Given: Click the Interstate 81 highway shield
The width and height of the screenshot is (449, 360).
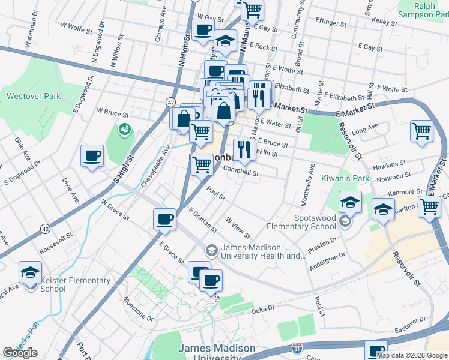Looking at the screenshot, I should tap(296, 347).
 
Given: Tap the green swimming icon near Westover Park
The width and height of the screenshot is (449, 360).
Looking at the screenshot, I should tap(125, 129).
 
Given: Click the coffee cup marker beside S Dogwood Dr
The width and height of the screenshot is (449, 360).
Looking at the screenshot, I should tap(92, 156).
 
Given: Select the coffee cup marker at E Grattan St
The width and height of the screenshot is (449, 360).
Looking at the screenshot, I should tap(164, 220).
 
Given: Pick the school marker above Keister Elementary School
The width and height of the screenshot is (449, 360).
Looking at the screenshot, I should tap(29, 272).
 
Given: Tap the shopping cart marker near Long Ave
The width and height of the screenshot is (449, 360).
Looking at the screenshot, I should tap(422, 131).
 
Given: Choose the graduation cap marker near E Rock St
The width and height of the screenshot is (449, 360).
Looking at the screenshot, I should tap(224, 41).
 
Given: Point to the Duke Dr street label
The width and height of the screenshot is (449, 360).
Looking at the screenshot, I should tap(263, 308).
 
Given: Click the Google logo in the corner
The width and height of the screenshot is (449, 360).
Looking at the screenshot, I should tap(20, 353).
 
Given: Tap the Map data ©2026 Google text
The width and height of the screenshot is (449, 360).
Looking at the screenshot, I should tap(412, 355).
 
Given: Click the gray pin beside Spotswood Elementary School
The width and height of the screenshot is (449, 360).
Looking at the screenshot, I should tap(345, 221).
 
